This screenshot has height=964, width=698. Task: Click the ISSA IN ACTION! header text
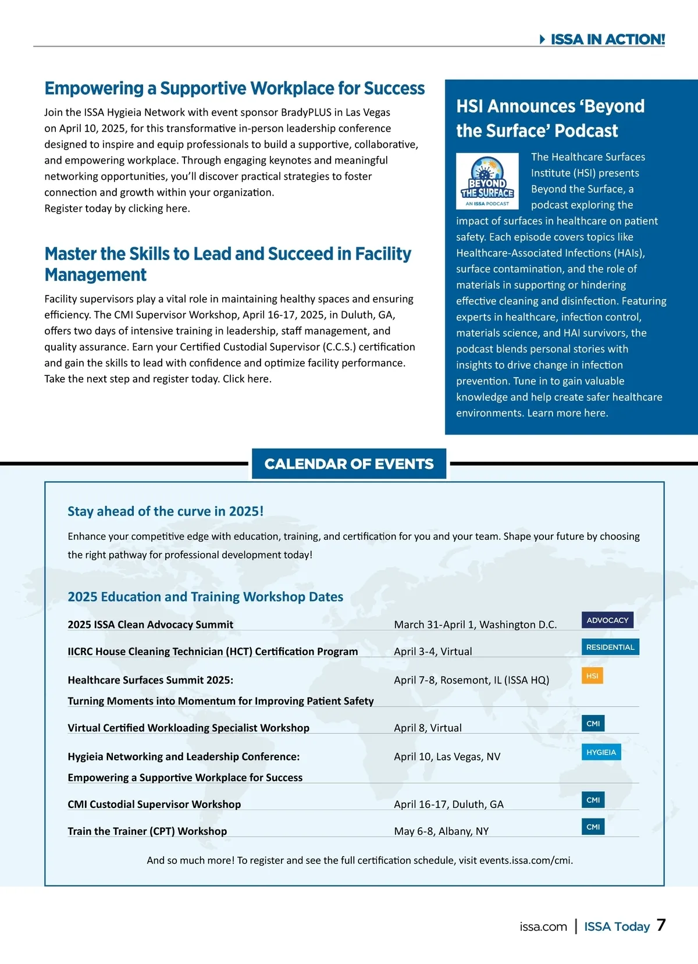(607, 39)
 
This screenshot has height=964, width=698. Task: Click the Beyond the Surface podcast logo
(487, 180)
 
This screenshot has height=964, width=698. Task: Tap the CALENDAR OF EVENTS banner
(349, 464)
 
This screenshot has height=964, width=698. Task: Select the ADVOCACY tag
(607, 620)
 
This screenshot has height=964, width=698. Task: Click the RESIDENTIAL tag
(610, 647)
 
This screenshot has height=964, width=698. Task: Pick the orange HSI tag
(592, 675)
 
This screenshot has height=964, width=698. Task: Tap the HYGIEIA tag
(601, 752)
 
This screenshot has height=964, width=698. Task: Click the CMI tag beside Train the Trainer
(593, 827)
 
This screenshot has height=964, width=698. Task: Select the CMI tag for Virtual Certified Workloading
(593, 724)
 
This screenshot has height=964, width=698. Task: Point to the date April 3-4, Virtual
(433, 652)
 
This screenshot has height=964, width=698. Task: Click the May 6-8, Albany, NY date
(441, 831)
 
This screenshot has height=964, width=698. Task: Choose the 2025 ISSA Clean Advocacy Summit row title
(150, 625)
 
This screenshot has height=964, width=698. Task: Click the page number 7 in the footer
(661, 925)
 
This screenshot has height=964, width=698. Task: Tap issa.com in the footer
(543, 927)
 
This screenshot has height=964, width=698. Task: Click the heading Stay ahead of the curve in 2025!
(165, 511)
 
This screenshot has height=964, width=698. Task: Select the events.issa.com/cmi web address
(525, 860)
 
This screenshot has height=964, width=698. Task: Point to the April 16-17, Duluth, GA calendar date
(448, 805)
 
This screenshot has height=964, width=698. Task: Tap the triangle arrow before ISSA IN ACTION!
(542, 40)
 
